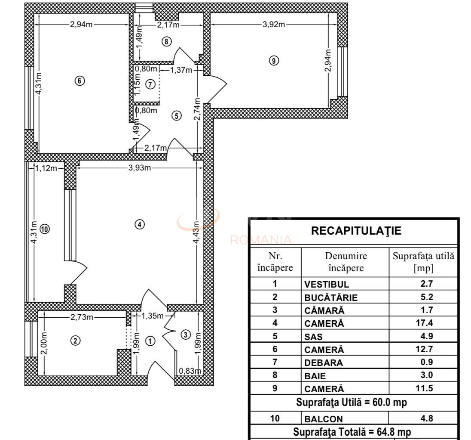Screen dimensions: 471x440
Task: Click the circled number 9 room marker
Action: click(x=274, y=61)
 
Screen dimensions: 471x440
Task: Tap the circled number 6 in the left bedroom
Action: click(x=80, y=80)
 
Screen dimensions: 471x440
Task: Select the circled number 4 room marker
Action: click(x=139, y=224)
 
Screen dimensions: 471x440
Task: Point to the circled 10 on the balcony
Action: click(x=45, y=229)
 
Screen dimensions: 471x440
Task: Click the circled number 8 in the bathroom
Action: click(x=167, y=41)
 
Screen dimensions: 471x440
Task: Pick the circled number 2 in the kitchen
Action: click(x=75, y=341)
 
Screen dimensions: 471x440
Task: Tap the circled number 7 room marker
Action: click(x=150, y=84)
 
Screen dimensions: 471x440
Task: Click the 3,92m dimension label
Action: click(x=274, y=24)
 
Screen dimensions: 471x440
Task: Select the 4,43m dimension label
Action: click(x=196, y=232)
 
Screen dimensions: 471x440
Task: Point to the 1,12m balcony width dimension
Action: click(x=46, y=168)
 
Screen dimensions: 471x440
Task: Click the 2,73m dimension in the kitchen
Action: click(x=82, y=317)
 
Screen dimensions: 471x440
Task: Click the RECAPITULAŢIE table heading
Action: click(x=356, y=231)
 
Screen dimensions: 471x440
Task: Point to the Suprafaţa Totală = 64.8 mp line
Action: click(x=352, y=431)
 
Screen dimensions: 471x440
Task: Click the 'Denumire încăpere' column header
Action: click(x=346, y=262)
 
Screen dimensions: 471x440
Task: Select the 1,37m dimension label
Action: click(x=181, y=70)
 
